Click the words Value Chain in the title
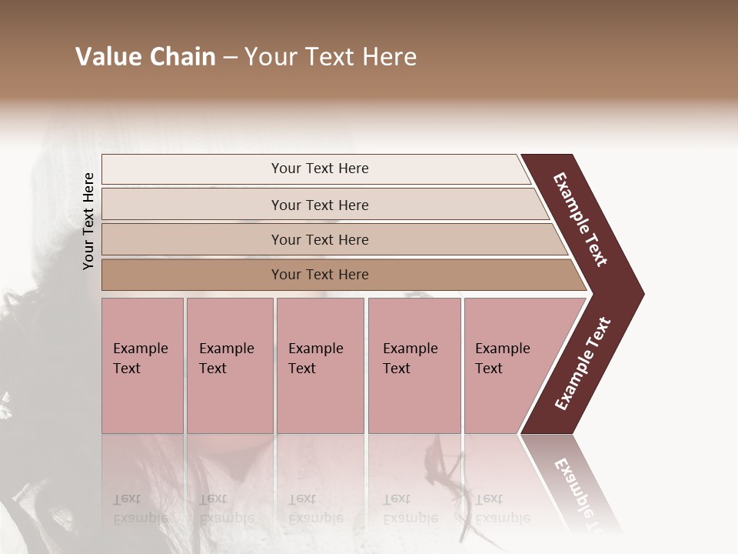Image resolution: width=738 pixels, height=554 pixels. coord(145,57)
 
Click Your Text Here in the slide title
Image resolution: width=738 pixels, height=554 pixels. coord(331,57)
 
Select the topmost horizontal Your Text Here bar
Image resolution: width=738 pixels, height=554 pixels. coord(319,169)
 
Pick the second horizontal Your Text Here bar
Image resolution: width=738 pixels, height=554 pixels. coord(319,205)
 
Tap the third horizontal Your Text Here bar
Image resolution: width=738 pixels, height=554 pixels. coord(319,239)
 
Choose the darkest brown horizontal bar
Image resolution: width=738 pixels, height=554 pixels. coord(319,275)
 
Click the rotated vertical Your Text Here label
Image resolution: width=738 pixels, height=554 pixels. coord(88,221)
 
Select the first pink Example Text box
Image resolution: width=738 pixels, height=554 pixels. coord(142,365)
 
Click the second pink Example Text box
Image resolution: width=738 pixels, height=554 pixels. coord(229,365)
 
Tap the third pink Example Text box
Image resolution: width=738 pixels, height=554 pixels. coord(319,365)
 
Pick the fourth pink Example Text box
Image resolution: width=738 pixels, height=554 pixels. coord(414,365)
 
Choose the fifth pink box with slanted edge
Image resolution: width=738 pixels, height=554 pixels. coord(507,365)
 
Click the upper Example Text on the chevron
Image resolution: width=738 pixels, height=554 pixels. coord(580,219)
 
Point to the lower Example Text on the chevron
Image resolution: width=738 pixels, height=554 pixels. coord(583,364)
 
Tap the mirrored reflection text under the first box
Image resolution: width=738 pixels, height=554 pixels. coord(141,509)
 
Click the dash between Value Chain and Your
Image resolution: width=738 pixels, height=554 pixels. coord(230,58)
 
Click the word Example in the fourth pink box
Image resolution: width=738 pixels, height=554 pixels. coord(410,349)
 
